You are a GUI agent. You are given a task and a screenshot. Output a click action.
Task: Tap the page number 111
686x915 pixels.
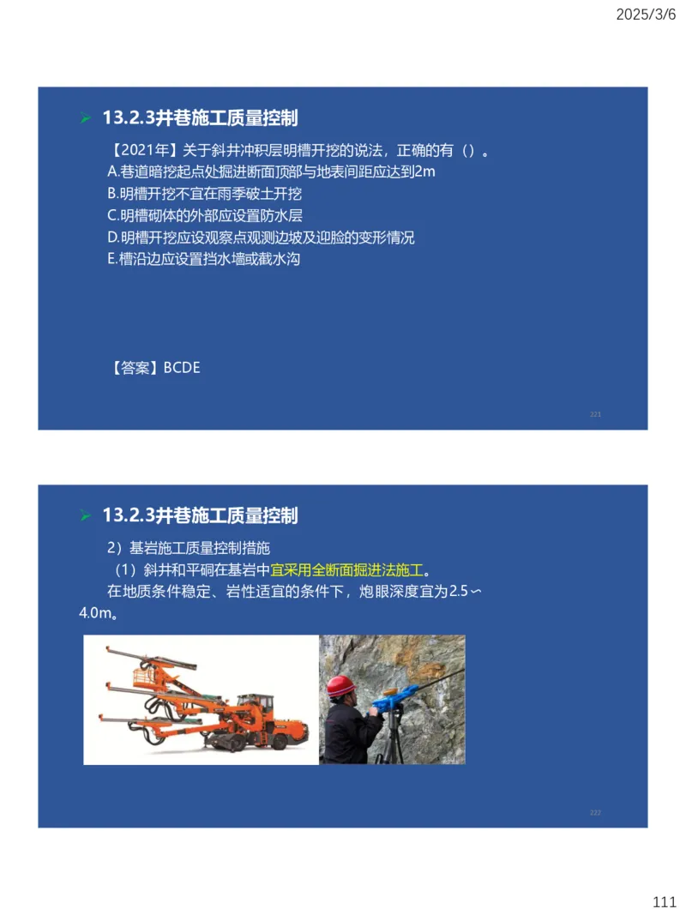(x=665, y=902)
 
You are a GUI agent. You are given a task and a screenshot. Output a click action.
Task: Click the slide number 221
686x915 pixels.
(x=595, y=414)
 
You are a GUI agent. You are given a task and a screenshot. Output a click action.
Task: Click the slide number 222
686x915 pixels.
(x=595, y=812)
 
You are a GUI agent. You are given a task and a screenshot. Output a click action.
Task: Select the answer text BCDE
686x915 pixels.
(x=182, y=368)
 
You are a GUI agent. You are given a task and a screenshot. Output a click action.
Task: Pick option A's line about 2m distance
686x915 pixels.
(x=271, y=172)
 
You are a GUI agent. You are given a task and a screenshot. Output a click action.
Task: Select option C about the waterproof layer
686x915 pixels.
(x=204, y=216)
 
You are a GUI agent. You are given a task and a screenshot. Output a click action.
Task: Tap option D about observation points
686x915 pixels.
(x=261, y=238)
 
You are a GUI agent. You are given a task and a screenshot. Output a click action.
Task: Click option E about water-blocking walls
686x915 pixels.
(x=203, y=259)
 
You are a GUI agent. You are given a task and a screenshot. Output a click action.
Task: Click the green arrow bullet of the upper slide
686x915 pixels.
(x=85, y=118)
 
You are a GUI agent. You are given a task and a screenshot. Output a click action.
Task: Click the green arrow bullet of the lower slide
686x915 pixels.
(x=85, y=516)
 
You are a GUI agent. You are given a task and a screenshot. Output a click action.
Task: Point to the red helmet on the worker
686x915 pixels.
(x=340, y=686)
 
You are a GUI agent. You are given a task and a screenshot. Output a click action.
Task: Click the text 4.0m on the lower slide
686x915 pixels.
(x=97, y=614)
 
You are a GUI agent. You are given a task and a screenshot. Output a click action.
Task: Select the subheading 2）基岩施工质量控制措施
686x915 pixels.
(x=189, y=548)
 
